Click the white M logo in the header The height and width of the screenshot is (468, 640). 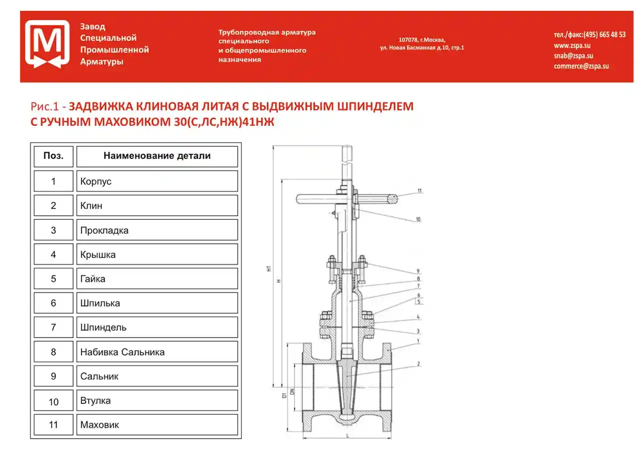47,44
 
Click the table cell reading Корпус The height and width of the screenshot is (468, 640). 156,181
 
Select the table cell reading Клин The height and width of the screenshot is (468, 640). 156,205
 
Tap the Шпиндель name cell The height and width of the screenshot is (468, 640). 156,328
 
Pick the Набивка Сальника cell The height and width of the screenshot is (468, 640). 156,352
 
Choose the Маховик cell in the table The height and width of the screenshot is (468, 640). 156,425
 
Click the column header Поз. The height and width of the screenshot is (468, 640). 53,156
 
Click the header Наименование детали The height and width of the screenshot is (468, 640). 156,156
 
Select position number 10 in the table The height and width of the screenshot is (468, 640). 53,402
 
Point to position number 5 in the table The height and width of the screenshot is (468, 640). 53,279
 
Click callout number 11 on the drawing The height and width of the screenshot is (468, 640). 419,191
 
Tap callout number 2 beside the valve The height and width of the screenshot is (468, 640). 418,364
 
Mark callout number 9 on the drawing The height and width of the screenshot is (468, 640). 418,271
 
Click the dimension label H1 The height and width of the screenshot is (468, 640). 269,269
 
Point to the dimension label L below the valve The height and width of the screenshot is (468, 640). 346,437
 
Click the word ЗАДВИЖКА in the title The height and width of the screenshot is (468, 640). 101,106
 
